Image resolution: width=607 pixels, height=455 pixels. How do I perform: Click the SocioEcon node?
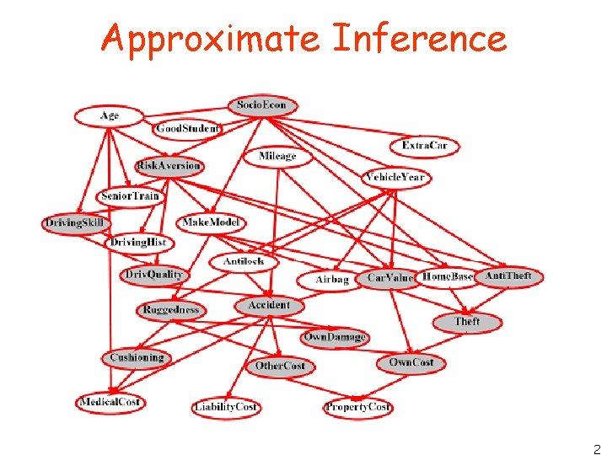coord(262,105)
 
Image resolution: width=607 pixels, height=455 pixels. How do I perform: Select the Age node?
coord(110,115)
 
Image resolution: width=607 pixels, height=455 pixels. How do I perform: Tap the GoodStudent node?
coord(187,129)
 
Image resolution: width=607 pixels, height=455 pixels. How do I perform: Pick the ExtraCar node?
coord(425,146)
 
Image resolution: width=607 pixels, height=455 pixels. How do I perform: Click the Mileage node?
coord(277,156)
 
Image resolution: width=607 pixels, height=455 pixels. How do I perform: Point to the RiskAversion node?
coord(169,166)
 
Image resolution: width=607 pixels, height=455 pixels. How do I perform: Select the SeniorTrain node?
coord(130,196)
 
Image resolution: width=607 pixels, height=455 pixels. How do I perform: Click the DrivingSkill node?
coord(76,223)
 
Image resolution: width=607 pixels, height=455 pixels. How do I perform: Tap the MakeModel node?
coord(212,222)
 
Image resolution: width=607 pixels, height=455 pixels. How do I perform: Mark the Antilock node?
coord(244,261)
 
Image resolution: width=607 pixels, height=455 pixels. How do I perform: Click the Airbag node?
coord(331,280)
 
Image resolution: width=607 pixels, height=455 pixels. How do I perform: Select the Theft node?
coord(467,322)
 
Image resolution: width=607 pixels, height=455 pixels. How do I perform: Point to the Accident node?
coord(269,305)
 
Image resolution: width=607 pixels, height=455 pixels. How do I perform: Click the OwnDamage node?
coord(335,337)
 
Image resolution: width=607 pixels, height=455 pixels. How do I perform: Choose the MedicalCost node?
coord(110,402)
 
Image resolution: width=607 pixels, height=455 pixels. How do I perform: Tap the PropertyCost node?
coord(357,407)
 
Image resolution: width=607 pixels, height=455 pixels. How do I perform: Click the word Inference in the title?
coord(420,39)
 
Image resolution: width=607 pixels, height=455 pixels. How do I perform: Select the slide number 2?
coord(597,449)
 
